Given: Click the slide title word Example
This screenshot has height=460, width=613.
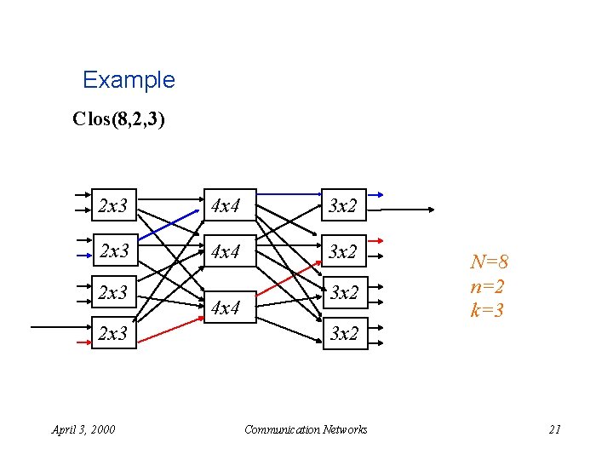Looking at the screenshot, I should click(129, 80).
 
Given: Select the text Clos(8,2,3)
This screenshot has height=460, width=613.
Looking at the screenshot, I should click(119, 118).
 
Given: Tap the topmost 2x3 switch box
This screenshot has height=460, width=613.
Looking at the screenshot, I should click(113, 205).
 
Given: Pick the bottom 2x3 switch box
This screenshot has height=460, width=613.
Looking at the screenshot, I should click(113, 333).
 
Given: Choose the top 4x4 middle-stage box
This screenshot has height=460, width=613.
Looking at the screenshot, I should click(226, 205).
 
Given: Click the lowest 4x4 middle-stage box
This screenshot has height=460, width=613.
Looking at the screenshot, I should click(226, 308).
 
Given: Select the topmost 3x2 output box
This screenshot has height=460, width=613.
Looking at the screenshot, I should click(344, 205).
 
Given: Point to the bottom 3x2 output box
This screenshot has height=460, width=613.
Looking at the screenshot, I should click(344, 333).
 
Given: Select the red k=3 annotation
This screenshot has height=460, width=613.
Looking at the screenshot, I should click(486, 310).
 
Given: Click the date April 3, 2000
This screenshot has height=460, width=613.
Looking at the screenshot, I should click(83, 429).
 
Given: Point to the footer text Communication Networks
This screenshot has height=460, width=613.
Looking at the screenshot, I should click(306, 429).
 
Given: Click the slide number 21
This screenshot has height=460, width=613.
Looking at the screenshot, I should click(554, 429).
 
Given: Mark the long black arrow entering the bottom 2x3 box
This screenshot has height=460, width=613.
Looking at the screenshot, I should click(60, 326).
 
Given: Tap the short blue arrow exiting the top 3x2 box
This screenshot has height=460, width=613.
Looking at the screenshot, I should click(375, 195).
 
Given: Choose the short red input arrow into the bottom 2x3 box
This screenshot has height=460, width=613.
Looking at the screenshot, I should click(83, 341).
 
